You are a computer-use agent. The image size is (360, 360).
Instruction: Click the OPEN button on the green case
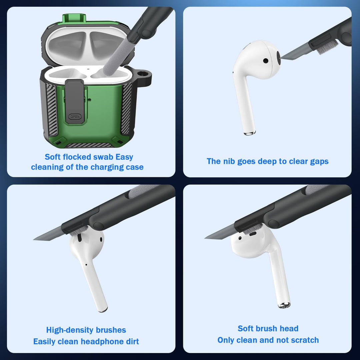(x=75, y=116)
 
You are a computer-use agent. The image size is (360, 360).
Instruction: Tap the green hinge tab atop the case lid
(x=74, y=18)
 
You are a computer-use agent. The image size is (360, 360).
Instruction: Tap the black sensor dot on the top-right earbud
(x=266, y=61)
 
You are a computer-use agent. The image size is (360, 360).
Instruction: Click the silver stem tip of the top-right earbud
(x=250, y=133)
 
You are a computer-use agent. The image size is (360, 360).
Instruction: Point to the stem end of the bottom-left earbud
(x=103, y=310)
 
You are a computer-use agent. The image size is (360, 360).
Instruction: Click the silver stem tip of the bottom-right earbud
(x=284, y=305)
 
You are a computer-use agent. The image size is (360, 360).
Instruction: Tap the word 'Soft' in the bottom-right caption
(x=245, y=329)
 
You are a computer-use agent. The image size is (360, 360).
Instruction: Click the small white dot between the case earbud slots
(x=88, y=69)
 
